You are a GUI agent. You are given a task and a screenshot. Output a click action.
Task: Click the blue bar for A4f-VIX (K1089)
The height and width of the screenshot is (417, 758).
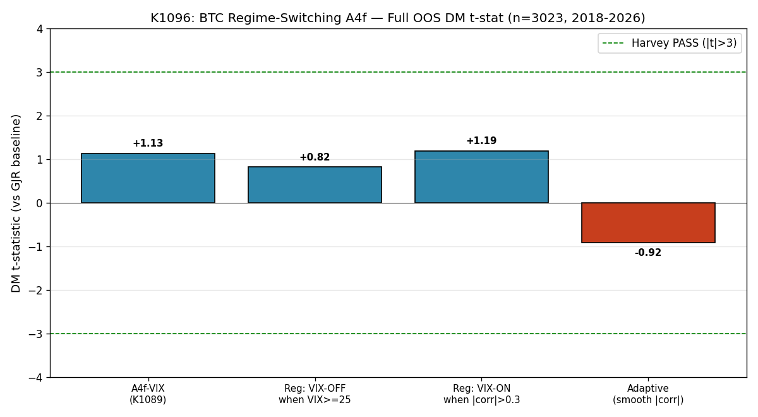tap(148, 178)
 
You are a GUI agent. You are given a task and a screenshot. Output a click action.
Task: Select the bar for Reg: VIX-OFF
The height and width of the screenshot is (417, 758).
tap(315, 184)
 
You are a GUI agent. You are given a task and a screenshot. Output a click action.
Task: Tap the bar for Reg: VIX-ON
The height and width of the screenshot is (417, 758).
tap(481, 177)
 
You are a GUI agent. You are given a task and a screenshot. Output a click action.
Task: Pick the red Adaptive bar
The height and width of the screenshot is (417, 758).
tap(648, 222)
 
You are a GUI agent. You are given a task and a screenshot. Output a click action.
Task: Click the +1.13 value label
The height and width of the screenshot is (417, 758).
tap(148, 143)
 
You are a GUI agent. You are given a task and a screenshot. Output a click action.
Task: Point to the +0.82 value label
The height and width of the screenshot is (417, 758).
tap(315, 157)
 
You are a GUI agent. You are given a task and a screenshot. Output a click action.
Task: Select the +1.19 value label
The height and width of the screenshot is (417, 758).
tap(481, 140)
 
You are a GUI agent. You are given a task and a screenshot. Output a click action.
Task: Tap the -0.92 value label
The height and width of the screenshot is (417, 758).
tap(648, 253)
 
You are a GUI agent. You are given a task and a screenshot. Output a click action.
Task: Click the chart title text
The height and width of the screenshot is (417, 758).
tap(398, 18)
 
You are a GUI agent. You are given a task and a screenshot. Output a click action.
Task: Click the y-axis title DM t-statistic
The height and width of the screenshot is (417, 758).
tap(16, 203)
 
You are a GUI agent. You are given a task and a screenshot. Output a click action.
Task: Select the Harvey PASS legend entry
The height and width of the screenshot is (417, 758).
tap(670, 43)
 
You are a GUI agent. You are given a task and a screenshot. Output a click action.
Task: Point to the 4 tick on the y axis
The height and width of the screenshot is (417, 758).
tap(40, 29)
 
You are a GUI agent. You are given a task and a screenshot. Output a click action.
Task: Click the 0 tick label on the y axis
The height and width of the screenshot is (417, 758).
tap(40, 203)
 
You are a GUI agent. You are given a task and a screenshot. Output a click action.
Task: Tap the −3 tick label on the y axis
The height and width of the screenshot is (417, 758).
tap(36, 334)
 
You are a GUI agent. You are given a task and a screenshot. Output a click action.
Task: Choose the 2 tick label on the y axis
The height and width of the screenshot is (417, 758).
tap(40, 116)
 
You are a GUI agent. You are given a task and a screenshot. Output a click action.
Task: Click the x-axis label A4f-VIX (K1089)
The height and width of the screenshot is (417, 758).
tap(148, 394)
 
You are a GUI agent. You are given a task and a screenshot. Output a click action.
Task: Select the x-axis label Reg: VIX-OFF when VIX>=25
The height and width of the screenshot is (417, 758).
tap(315, 394)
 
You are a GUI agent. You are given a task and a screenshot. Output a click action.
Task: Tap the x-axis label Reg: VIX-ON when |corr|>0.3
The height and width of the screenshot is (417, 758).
tap(481, 394)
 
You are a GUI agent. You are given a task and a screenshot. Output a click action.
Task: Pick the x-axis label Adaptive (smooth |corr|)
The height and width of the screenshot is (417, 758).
tap(648, 394)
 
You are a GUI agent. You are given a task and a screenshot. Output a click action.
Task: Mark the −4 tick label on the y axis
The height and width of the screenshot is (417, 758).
tap(36, 377)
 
